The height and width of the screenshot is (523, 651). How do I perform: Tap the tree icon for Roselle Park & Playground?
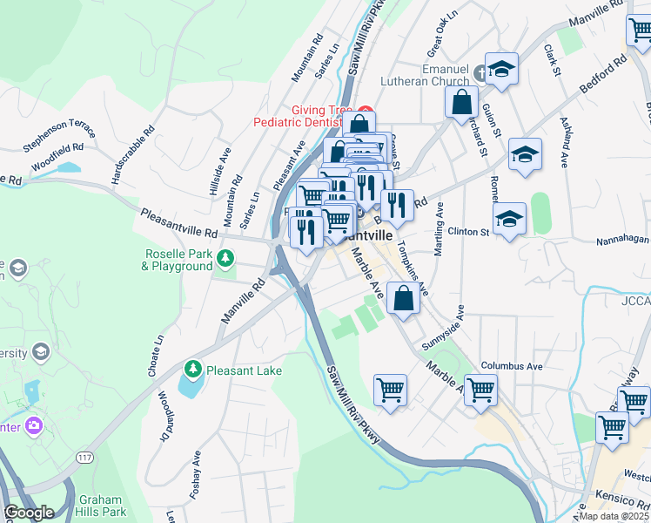tap(225, 257)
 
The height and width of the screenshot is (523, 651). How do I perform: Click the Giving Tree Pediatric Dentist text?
tap(306, 117)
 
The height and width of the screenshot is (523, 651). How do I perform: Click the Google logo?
tap(29, 513)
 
